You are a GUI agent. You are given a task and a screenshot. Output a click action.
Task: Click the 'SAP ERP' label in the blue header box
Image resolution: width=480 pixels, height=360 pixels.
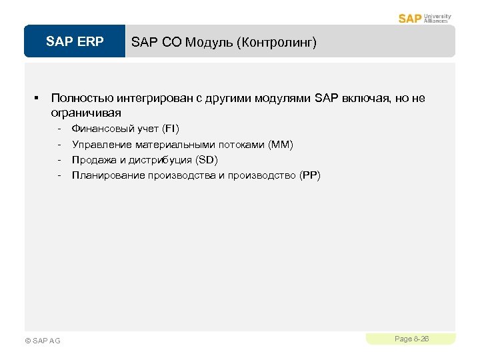[75, 42]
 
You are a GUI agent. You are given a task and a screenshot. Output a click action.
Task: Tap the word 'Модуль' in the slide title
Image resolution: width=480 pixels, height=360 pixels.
[205, 43]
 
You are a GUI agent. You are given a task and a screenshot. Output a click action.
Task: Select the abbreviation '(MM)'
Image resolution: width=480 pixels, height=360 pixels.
[280, 144]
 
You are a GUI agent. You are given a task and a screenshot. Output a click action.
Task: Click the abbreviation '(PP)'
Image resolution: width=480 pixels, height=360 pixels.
[310, 176]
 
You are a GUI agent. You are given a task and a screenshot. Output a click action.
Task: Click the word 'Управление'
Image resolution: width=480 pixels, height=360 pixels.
[102, 144]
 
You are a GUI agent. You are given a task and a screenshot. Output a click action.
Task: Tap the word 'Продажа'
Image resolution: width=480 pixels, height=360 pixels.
[94, 160]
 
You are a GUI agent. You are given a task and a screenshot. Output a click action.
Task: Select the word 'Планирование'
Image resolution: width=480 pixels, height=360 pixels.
[109, 176]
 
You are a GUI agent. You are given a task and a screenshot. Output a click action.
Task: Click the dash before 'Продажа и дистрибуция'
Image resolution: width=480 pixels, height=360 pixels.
[60, 160]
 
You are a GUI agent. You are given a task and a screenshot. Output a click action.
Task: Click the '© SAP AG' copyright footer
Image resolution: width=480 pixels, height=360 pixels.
[42, 341]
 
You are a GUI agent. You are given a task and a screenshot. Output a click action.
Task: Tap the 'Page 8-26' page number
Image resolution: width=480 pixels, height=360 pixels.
[411, 339]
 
